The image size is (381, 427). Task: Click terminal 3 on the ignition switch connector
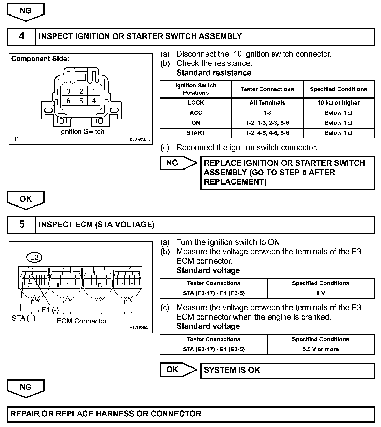(x=68, y=91)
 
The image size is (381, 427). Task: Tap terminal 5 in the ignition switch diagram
(x=81, y=101)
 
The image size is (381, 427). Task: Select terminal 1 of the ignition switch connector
(x=93, y=91)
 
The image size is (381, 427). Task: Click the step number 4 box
(x=22, y=36)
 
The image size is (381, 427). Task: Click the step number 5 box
(x=22, y=225)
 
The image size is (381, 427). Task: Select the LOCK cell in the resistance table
(x=196, y=103)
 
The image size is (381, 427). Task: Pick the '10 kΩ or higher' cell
(x=338, y=103)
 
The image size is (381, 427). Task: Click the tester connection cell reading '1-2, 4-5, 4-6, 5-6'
(x=267, y=133)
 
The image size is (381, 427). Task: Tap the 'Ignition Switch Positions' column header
(x=196, y=89)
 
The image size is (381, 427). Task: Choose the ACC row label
(x=196, y=113)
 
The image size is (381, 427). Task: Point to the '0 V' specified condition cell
(x=320, y=293)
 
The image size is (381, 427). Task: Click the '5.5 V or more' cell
(x=320, y=349)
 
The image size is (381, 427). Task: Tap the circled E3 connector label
(x=34, y=257)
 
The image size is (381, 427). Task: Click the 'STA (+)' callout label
(x=24, y=318)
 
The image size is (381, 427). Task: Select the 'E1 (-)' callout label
(x=50, y=310)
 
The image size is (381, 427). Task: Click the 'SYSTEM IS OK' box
(x=287, y=370)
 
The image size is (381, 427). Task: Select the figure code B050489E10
(x=140, y=139)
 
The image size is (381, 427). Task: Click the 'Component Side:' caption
(x=40, y=59)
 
